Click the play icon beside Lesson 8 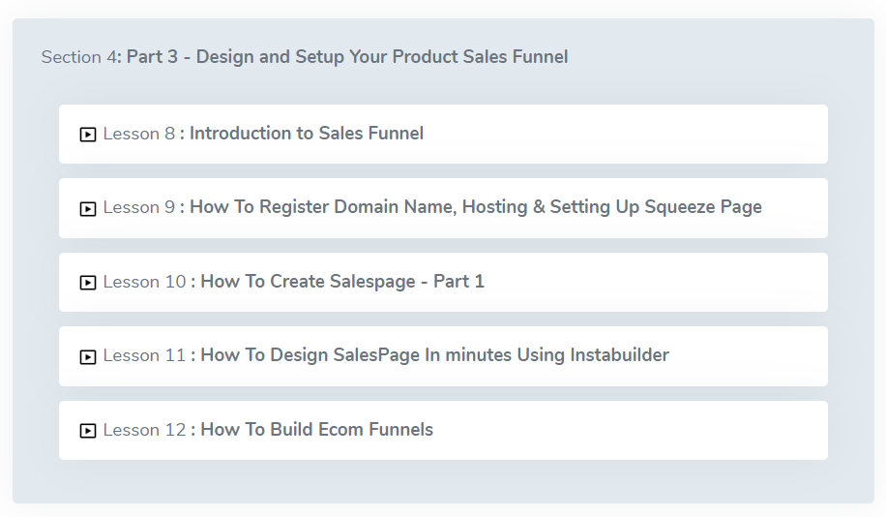(x=88, y=135)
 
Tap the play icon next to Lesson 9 (x=88, y=209)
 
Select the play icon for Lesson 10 (x=88, y=283)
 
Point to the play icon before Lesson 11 (x=88, y=357)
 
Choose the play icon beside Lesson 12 (x=88, y=431)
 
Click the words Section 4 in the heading (x=78, y=57)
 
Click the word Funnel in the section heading (x=540, y=56)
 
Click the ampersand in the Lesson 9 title (x=539, y=207)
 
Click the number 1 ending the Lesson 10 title (x=479, y=281)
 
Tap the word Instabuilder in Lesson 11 (x=619, y=354)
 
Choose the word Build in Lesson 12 (x=291, y=429)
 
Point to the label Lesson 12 (x=144, y=430)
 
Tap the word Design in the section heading (x=225, y=56)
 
